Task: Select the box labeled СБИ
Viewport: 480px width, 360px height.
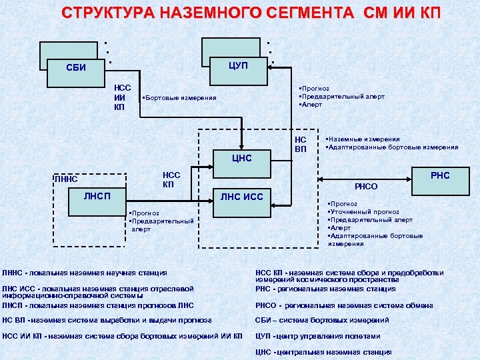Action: (75, 67)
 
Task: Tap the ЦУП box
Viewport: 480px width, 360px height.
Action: (237, 65)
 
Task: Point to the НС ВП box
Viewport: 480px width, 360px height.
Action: (301, 144)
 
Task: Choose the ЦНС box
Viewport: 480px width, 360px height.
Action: (241, 159)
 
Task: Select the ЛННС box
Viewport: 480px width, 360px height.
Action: (67, 179)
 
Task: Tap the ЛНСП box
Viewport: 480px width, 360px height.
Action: (97, 196)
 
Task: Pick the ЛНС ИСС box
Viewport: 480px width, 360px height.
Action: (241, 196)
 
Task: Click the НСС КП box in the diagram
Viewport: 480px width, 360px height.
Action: (171, 179)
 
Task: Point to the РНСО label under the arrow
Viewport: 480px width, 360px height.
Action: (365, 188)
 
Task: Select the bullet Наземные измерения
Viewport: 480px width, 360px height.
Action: (363, 139)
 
